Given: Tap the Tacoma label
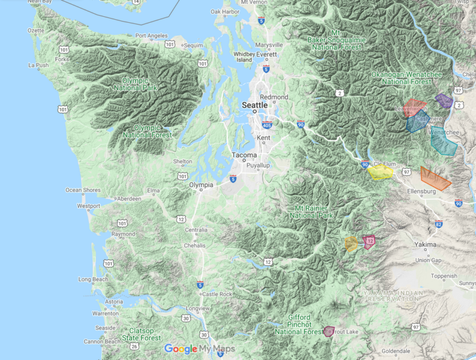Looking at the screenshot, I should tap(245, 155).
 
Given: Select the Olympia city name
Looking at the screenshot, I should tap(201, 185).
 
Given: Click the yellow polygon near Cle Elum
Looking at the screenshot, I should tap(380, 172).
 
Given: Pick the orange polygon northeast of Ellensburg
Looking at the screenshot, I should tap(435, 178).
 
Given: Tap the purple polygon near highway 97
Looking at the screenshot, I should tap(444, 100).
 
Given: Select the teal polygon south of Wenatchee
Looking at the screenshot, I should tap(444, 142).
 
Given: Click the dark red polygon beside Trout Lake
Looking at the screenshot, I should tap(328, 331).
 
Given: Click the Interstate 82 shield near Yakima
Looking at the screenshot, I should tap(439, 224).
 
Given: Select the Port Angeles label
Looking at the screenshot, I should tap(151, 36).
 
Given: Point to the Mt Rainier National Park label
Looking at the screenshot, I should tap(311, 212).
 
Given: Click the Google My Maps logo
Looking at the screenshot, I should tap(199, 349).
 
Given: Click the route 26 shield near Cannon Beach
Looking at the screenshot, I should tap(133, 346).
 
